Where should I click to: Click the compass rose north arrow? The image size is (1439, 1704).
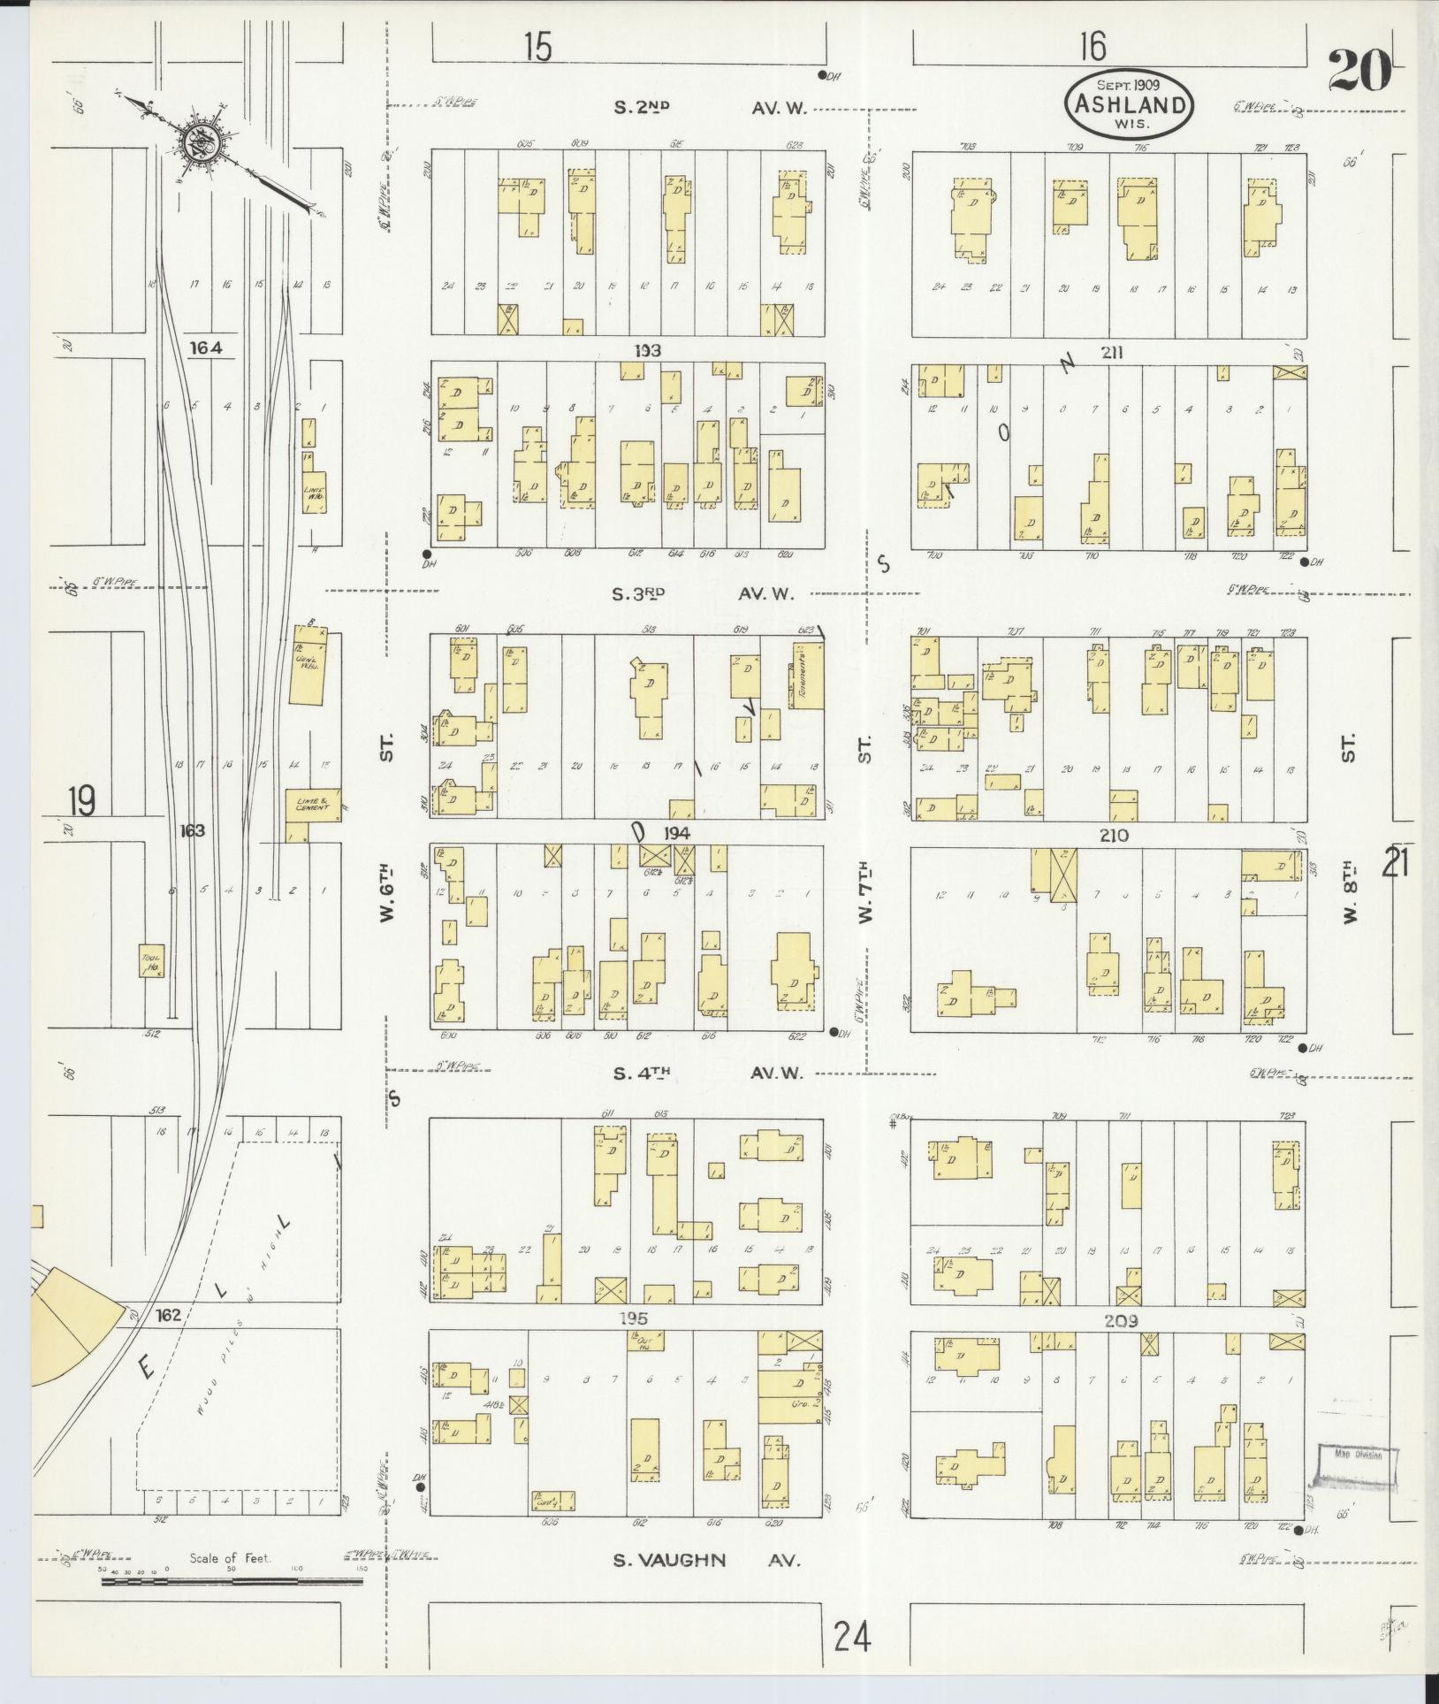[x=195, y=142]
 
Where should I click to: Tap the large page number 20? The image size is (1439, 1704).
[x=1359, y=71]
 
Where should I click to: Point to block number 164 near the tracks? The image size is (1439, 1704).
[x=205, y=348]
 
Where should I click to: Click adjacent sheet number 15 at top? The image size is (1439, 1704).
[x=537, y=47]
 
